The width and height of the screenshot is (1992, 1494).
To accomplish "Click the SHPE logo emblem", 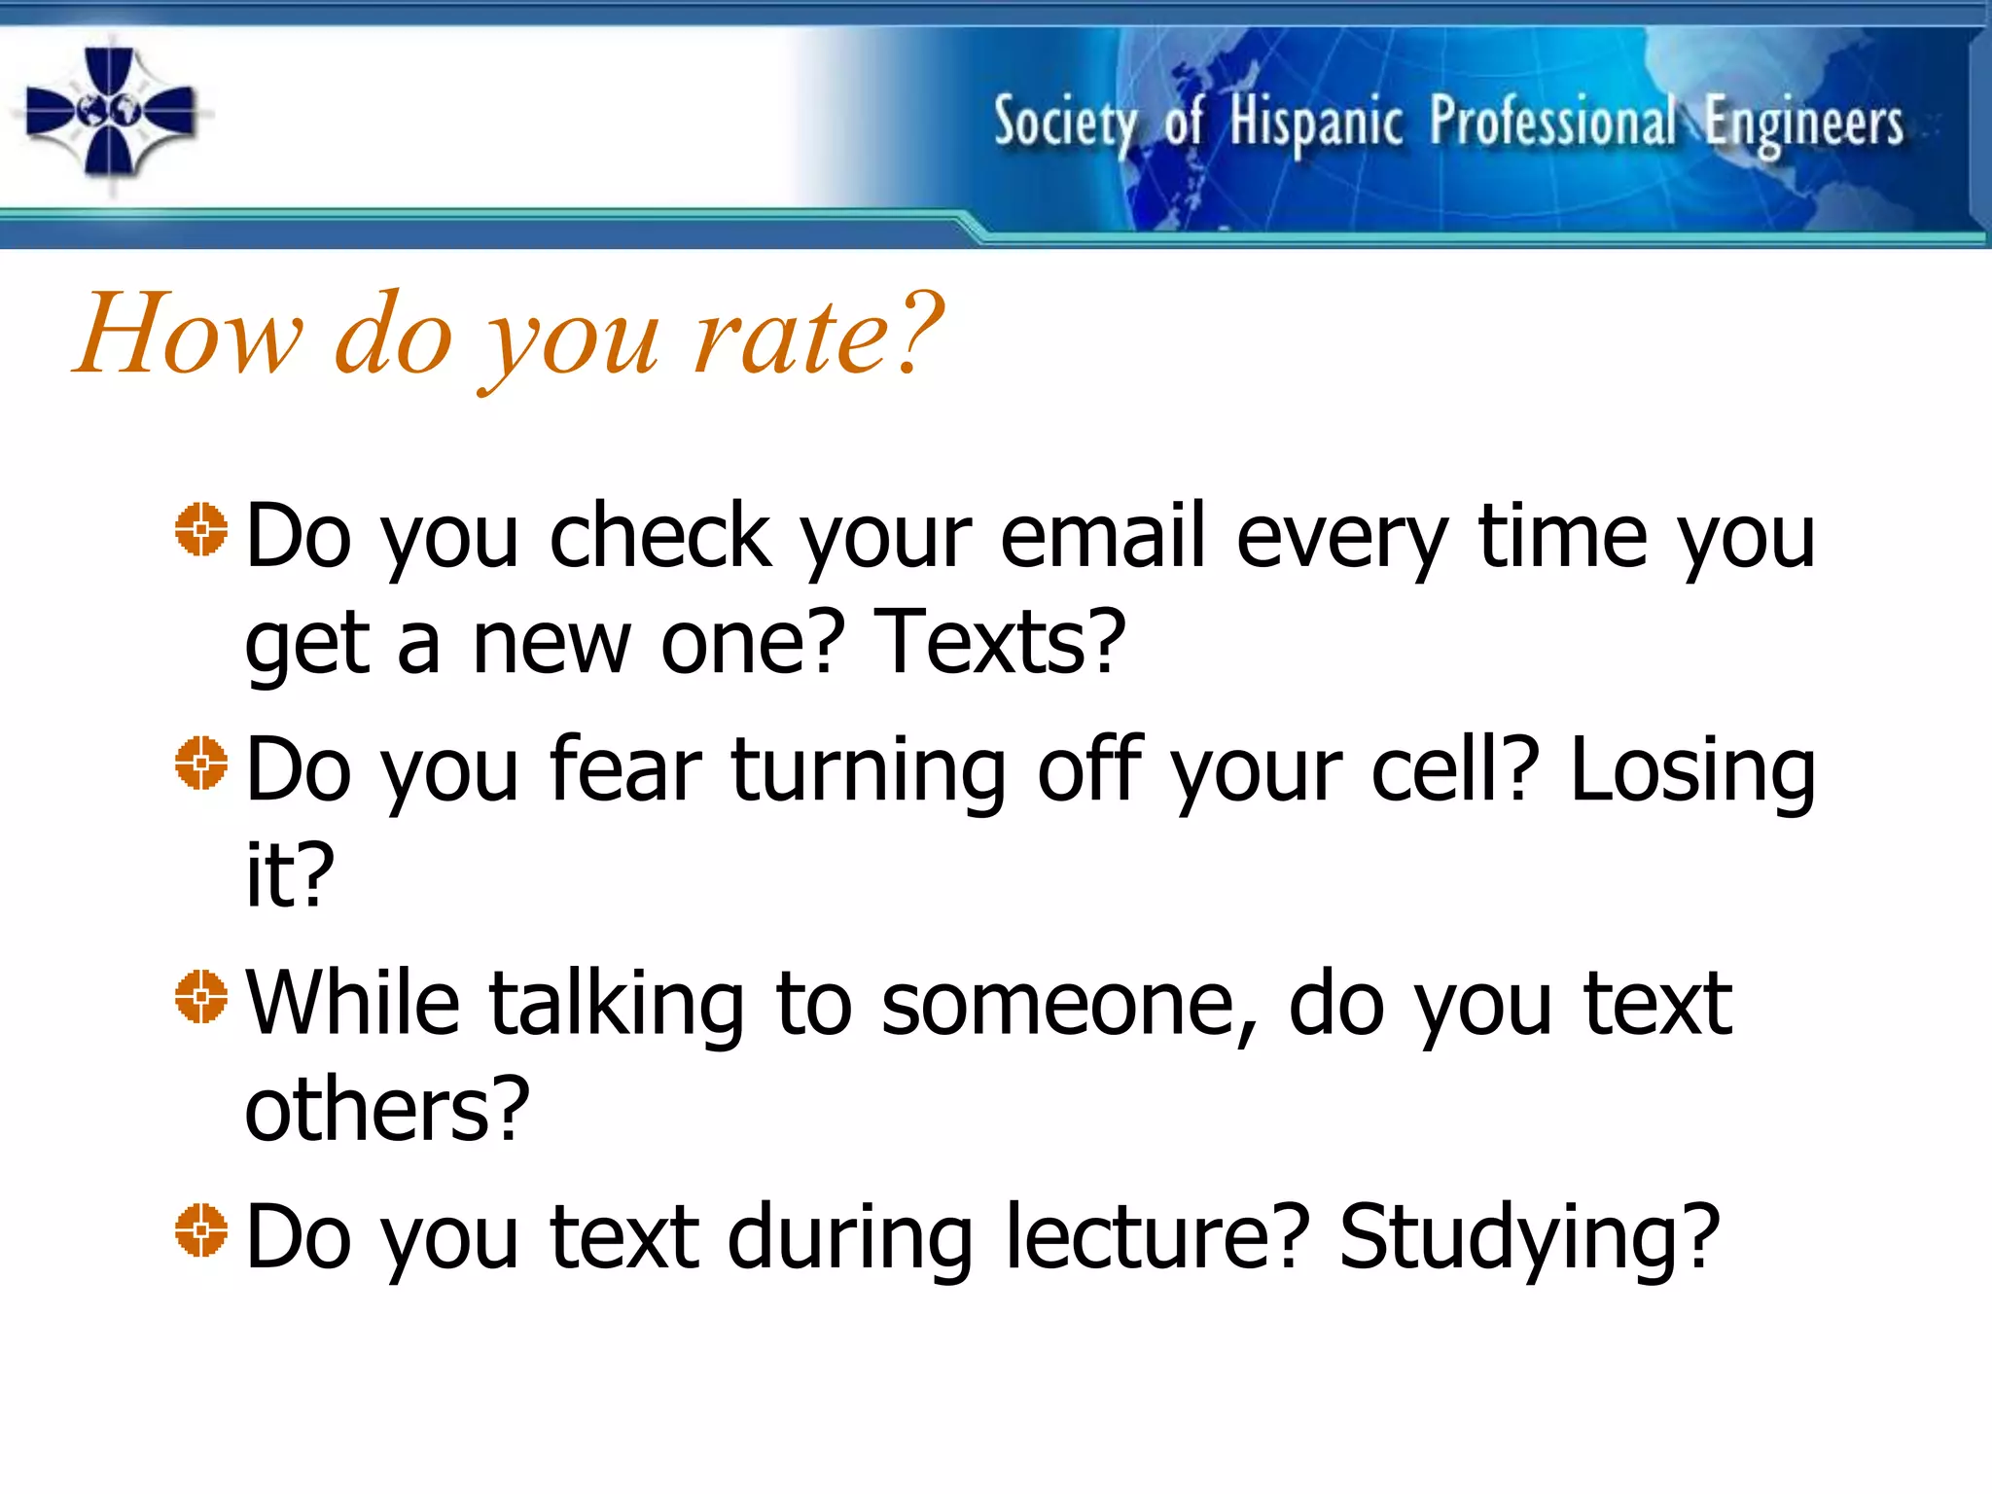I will click(111, 113).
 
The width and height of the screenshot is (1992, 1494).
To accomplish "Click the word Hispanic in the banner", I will click(1315, 124).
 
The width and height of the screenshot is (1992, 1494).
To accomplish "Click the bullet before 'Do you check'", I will click(201, 530).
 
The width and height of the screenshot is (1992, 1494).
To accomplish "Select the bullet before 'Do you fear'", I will click(201, 764).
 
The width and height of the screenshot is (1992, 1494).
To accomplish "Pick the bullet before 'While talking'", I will click(201, 997).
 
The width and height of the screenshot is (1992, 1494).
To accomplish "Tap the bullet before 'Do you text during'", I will click(201, 1230).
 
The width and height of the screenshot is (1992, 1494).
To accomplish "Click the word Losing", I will click(1692, 770).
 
